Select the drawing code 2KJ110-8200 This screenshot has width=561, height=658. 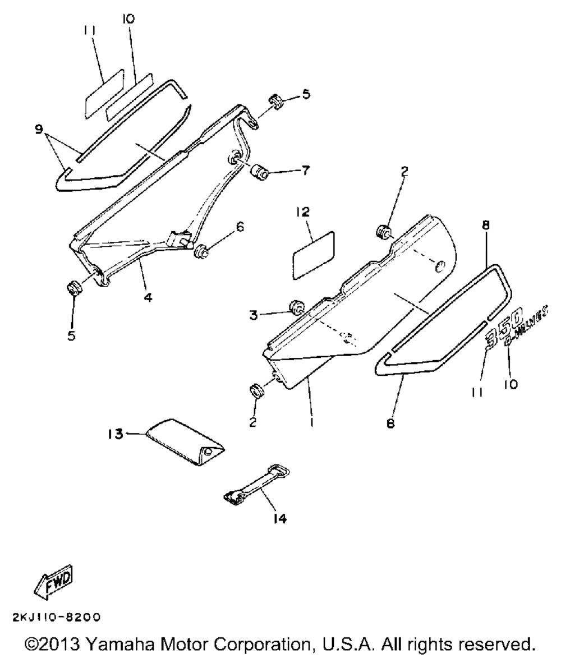[x=56, y=618]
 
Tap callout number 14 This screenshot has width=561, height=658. [x=280, y=519]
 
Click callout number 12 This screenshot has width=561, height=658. [x=303, y=211]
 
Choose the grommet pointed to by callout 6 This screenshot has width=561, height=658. [x=200, y=251]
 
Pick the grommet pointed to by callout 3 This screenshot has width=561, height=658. [x=296, y=307]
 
